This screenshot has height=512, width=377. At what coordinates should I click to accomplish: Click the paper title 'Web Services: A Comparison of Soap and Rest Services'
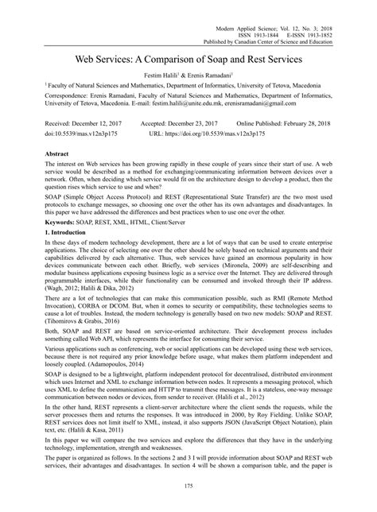[188, 59]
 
